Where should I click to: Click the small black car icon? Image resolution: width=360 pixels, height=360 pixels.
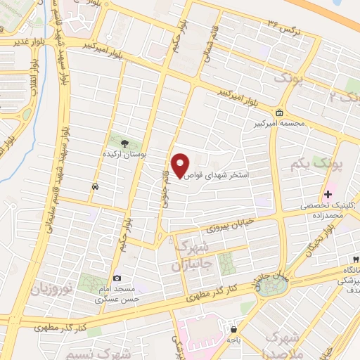pyautogui.click(x=94, y=186)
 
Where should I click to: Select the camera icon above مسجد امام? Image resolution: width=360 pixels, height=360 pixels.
pyautogui.click(x=117, y=278)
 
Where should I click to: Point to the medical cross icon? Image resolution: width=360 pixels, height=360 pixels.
pyautogui.click(x=328, y=194)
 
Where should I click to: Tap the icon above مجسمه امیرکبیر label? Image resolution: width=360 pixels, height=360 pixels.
pyautogui.click(x=280, y=113)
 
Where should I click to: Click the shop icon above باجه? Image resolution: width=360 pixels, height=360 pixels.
pyautogui.click(x=233, y=328)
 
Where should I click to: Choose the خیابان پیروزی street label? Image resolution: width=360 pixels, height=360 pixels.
pyautogui.click(x=228, y=224)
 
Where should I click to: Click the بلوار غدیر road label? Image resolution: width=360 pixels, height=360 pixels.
pyautogui.click(x=15, y=41)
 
